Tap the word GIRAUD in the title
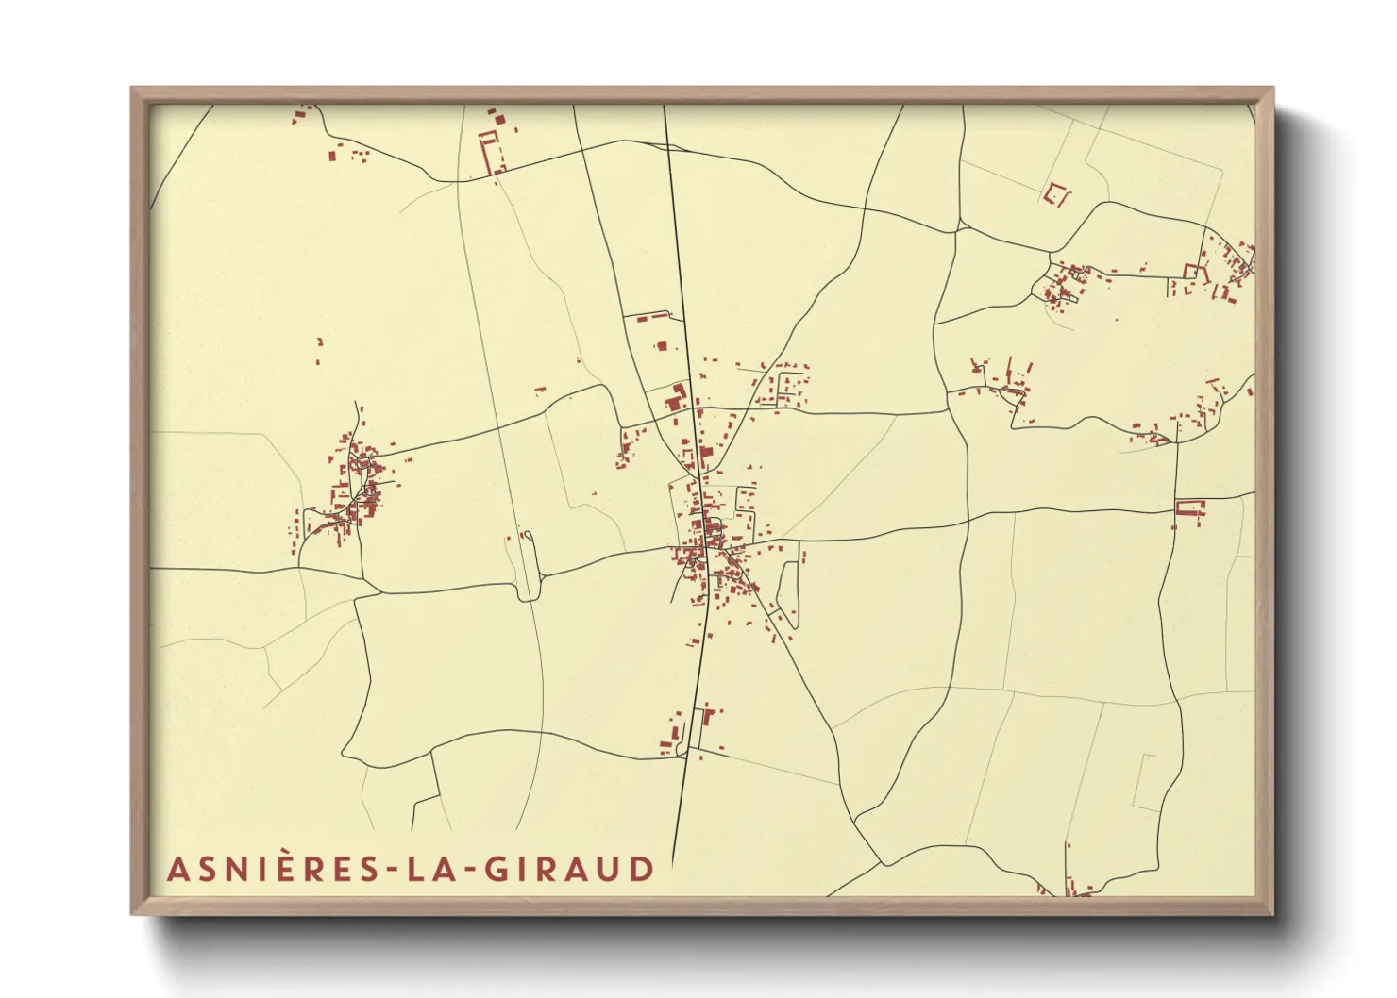pyautogui.click(x=569, y=869)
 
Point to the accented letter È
pyautogui.click(x=278, y=868)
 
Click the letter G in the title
pyautogui.click(x=497, y=869)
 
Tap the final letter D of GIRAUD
pyautogui.click(x=643, y=869)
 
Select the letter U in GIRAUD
pyautogui.click(x=612, y=869)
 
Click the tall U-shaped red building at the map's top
pyautogui.click(x=490, y=151)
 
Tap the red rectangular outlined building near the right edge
pyautogui.click(x=1190, y=507)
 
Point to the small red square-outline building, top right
pyautogui.click(x=1057, y=194)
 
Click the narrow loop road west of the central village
pyautogui.click(x=528, y=566)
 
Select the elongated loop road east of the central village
pyautogui.click(x=788, y=589)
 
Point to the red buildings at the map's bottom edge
pyautogui.click(x=1071, y=885)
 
